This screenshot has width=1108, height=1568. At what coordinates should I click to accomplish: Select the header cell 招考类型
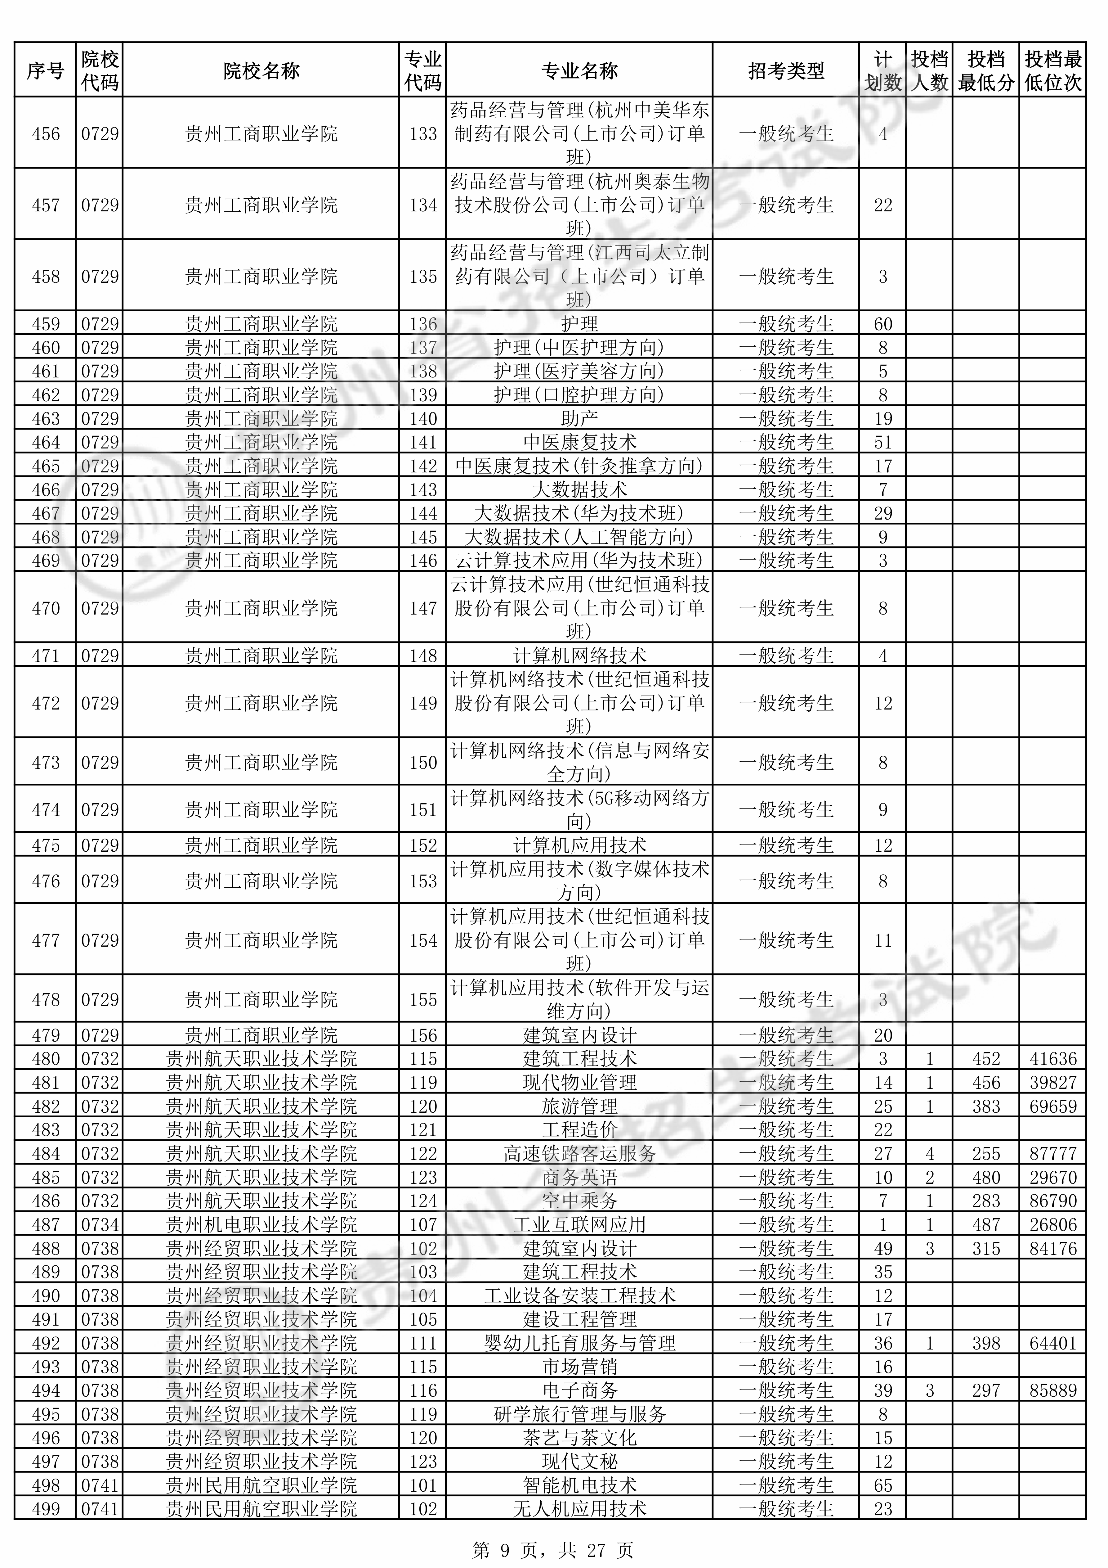click(786, 70)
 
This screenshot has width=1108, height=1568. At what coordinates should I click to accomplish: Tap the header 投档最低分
click(986, 70)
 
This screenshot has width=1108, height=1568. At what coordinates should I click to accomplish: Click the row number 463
click(46, 419)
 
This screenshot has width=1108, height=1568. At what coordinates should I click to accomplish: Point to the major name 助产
click(579, 419)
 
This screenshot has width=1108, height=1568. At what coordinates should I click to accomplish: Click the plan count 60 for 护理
click(883, 324)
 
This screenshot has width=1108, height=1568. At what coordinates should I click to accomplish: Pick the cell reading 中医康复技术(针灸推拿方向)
click(579, 466)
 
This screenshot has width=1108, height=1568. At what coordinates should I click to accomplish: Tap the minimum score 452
click(986, 1059)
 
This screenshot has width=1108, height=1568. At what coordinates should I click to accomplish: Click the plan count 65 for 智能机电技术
click(883, 1485)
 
